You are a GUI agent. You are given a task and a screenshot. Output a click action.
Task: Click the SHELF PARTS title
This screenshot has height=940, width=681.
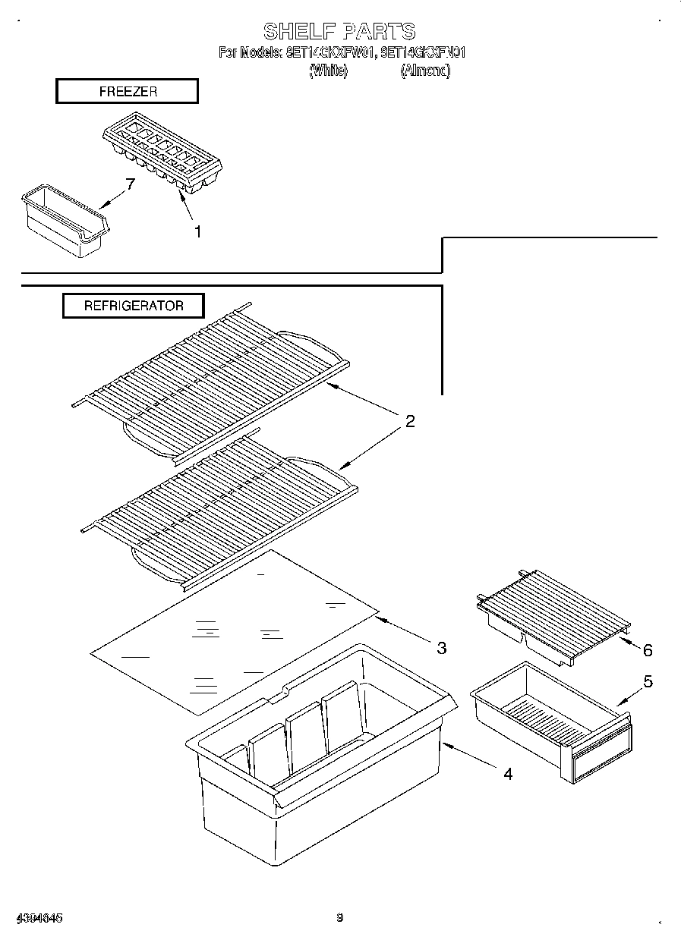tap(339, 31)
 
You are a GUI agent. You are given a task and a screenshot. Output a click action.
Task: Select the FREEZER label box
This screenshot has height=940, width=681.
tap(127, 91)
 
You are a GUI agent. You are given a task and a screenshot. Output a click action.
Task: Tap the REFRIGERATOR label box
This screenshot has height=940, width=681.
tap(133, 306)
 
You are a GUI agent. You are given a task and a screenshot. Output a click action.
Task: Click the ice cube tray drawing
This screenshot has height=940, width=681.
tap(165, 156)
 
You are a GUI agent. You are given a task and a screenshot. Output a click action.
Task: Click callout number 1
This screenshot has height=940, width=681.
tap(197, 232)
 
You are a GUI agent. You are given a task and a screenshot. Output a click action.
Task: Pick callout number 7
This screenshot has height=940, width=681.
tap(130, 184)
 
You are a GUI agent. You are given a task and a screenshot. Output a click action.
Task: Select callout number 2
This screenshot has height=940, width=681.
tap(409, 422)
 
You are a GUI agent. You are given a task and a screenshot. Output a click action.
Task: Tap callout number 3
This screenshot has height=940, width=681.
tap(440, 648)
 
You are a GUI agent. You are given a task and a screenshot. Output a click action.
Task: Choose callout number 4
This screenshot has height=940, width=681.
tap(507, 774)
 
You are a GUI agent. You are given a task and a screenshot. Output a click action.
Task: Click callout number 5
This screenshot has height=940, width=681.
tap(647, 681)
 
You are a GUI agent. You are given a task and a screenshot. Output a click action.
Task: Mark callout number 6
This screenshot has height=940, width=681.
tap(647, 650)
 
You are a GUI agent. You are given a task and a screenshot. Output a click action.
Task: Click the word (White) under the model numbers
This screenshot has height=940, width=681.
tap(329, 71)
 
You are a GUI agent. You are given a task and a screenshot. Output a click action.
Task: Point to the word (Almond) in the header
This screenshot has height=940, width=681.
tap(425, 71)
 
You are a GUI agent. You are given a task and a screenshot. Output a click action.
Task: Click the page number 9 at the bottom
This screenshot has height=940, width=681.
tap(340, 918)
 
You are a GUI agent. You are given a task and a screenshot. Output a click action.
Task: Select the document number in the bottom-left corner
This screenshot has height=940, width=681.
tap(37, 918)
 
